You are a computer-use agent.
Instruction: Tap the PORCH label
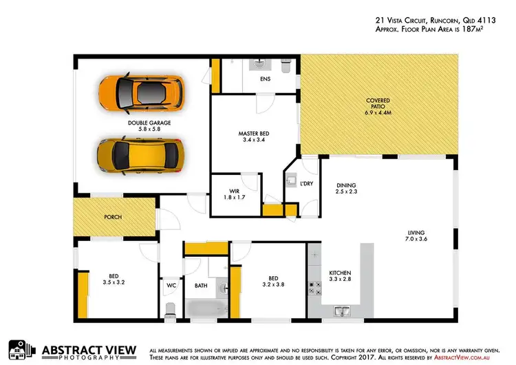[x=113, y=217]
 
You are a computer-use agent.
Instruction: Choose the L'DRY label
[x=306, y=185]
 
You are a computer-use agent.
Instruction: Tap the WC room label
[x=170, y=284]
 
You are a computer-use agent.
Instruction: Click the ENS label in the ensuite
[x=265, y=80]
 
